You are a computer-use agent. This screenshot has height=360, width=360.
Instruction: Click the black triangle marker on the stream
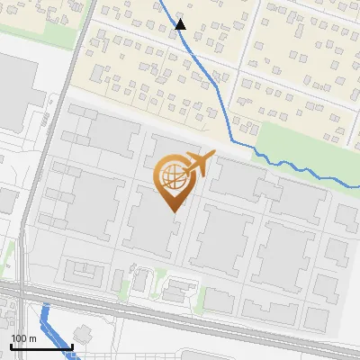181,24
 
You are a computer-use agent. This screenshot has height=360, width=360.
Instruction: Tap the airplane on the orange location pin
199,165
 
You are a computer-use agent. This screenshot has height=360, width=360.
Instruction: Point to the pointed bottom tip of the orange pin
171,211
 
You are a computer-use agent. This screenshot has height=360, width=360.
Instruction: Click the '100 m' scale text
23,338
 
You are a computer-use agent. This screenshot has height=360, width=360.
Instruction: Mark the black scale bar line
41,346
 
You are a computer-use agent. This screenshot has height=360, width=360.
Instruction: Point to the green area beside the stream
297,144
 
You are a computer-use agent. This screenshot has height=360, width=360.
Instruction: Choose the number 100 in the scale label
19,338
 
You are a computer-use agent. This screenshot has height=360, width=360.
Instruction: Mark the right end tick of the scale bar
72,345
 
